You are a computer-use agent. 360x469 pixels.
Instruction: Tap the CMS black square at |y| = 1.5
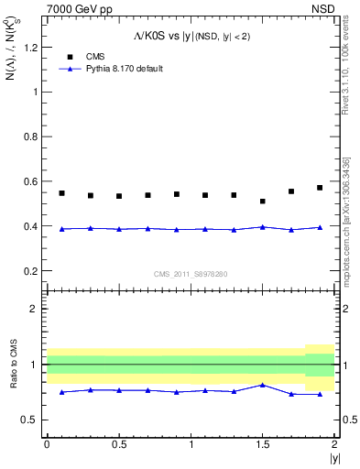coord(263,202)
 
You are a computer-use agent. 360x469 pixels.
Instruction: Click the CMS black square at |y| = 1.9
coord(320,188)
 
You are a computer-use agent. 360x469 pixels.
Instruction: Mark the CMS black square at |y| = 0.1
coord(61,193)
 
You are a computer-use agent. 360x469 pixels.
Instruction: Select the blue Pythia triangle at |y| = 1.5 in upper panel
coord(263,226)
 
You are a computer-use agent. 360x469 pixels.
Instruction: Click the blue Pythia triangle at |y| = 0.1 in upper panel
coord(61,229)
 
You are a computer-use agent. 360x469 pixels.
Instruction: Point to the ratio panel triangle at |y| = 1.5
coord(263,385)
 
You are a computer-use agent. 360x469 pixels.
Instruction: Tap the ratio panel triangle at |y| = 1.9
coord(320,395)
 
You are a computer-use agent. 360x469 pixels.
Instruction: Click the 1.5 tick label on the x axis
coord(263,443)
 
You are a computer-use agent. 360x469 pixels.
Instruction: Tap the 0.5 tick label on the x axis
coord(118,443)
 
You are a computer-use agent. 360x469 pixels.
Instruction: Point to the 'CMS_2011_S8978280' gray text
coord(191,273)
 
